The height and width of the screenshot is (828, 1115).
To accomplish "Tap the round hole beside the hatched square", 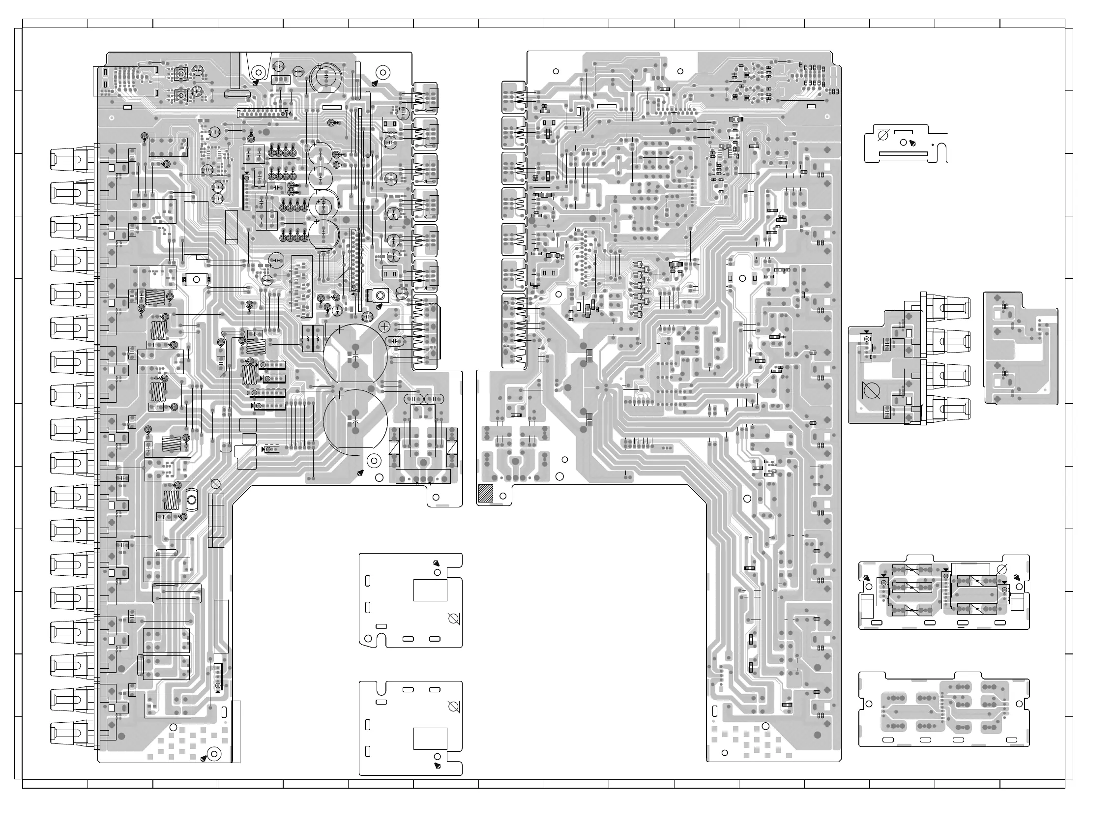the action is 503,496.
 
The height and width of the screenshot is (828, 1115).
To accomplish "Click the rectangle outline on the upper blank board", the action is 430,590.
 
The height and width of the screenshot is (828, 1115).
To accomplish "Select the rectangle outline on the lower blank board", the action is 430,739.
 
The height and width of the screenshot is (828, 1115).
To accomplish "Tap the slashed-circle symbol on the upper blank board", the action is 453,619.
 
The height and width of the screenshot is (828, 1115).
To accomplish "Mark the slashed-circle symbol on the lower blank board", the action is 453,707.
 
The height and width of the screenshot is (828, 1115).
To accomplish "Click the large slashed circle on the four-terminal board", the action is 872,390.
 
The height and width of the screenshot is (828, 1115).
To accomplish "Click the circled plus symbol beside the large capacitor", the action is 385,327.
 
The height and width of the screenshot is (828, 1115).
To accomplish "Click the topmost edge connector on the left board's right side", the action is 425,99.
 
